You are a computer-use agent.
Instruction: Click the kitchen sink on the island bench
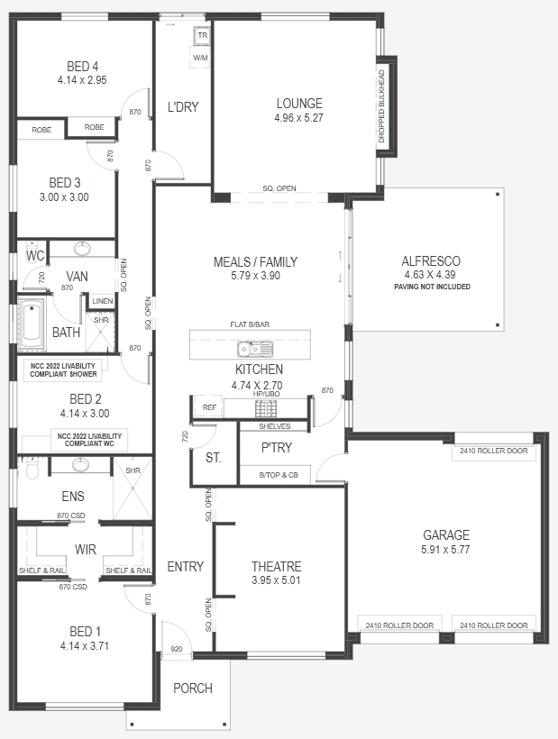[255, 350]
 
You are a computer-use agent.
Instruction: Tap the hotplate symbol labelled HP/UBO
[266, 408]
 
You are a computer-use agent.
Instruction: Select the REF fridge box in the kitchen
[209, 407]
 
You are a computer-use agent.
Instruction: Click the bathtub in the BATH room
[32, 324]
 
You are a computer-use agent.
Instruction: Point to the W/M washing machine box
[200, 58]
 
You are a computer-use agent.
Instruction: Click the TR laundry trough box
[202, 36]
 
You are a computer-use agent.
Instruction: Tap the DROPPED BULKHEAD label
[381, 106]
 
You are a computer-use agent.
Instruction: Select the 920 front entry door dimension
[177, 649]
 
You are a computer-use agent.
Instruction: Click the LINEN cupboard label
[102, 301]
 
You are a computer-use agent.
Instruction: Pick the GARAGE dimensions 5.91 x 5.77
[445, 550]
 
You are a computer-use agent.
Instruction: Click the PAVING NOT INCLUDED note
[432, 287]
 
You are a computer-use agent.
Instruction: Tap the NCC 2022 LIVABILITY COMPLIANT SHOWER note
[63, 370]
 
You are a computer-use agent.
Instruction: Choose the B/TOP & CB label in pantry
[279, 475]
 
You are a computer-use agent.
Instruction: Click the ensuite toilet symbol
[32, 467]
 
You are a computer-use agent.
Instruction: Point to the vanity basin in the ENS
[80, 466]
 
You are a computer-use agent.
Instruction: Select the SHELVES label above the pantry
[275, 426]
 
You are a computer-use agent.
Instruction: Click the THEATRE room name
[276, 567]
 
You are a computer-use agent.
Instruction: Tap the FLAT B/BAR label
[250, 324]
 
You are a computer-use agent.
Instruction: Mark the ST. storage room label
[213, 458]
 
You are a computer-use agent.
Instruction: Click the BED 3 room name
[65, 182]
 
